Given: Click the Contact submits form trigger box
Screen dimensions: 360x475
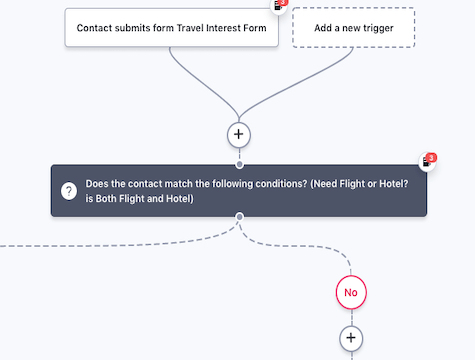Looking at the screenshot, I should click(x=171, y=28).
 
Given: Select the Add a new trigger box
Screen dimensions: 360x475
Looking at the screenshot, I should click(x=353, y=28).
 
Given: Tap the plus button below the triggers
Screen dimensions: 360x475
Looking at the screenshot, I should click(x=239, y=133).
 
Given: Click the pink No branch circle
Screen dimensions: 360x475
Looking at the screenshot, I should click(x=350, y=292).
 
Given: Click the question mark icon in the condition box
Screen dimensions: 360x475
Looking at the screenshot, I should click(x=69, y=191).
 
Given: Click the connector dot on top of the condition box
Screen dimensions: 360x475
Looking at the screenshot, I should click(x=239, y=164).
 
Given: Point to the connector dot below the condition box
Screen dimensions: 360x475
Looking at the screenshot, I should click(x=239, y=217).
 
